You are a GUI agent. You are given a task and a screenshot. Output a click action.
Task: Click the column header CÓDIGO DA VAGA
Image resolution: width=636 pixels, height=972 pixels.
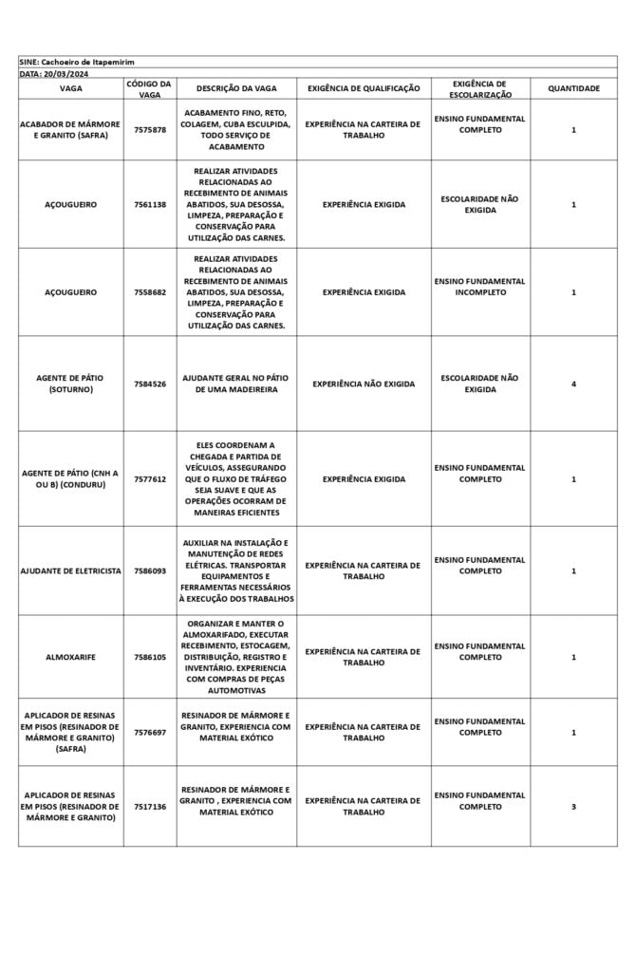[x=149, y=88]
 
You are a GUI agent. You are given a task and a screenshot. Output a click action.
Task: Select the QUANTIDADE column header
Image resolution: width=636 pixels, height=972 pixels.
[x=573, y=88]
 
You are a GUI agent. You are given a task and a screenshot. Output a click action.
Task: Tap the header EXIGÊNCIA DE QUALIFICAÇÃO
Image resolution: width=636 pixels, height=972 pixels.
[x=364, y=88]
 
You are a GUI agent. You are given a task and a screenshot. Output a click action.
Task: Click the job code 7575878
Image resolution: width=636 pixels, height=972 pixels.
[x=149, y=129]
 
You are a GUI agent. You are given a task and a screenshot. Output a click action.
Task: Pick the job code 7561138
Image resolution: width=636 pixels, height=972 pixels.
[x=149, y=204]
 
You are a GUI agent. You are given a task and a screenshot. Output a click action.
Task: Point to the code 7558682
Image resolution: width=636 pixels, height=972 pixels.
[x=149, y=292]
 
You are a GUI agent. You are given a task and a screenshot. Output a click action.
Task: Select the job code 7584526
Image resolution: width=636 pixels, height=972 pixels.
[x=149, y=383]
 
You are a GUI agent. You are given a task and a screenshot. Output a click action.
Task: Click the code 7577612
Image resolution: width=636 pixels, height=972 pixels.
[x=149, y=479]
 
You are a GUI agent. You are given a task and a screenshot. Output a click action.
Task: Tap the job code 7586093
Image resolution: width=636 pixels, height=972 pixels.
[x=149, y=570]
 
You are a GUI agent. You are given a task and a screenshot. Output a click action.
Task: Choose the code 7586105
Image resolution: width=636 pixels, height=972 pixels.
[x=149, y=657]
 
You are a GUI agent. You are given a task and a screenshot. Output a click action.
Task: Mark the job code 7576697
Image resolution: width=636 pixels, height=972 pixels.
[x=149, y=732]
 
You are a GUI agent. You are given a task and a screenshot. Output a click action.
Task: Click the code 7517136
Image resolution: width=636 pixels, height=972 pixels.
[x=149, y=806]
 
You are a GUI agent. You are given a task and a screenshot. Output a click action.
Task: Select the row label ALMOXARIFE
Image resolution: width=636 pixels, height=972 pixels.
[x=70, y=657]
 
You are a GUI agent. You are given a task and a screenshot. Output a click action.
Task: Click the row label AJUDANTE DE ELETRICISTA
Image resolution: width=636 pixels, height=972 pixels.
[x=70, y=570]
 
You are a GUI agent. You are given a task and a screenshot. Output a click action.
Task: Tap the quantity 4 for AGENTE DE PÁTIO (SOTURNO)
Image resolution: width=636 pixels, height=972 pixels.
[x=573, y=383]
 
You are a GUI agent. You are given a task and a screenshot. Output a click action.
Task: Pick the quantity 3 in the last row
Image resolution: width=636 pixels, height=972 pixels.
[x=573, y=806]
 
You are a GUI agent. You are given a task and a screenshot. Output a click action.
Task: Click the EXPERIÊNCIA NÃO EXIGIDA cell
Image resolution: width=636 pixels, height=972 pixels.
[x=364, y=383]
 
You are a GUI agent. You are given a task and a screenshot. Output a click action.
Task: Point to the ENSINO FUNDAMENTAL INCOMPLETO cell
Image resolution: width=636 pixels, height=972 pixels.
[x=479, y=287]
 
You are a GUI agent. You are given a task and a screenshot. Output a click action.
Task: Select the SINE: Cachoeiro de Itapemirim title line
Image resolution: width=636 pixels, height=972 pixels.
[x=77, y=61]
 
